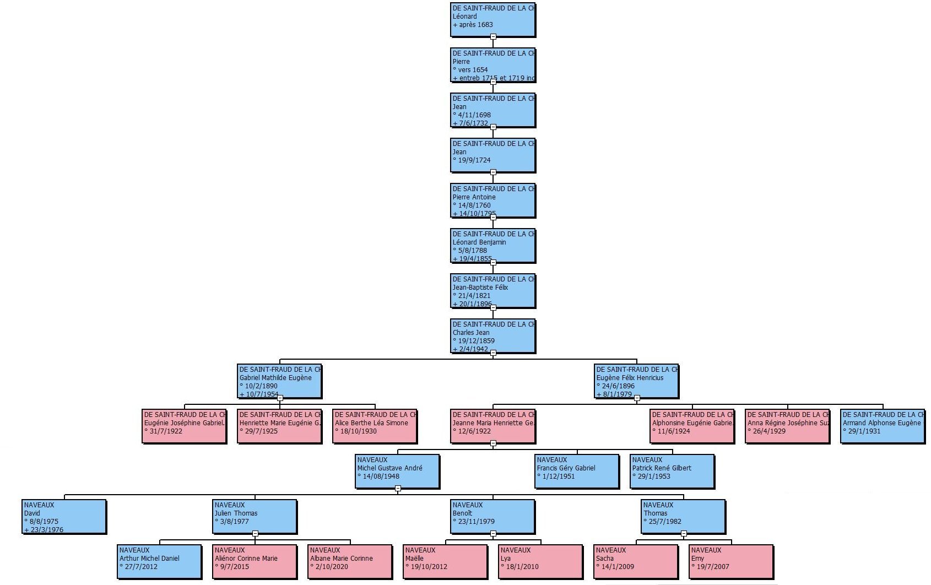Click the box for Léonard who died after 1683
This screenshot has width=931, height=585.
pos(492,20)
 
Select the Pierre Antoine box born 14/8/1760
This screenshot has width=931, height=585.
pos(492,201)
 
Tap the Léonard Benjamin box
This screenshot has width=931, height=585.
pos(492,246)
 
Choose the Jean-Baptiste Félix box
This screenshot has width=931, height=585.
pos(492,291)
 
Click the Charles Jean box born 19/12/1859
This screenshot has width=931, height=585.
pos(492,336)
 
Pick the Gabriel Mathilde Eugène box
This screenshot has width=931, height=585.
pos(279,381)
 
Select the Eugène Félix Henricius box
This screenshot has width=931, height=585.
pos(636,381)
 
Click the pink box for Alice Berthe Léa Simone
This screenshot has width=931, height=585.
pos(375,426)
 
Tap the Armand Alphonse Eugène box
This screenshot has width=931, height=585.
pos(882,426)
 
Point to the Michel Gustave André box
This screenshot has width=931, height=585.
pos(397,472)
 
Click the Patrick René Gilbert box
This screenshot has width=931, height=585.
pos(672,472)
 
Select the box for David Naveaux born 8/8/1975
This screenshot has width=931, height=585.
pos(64,517)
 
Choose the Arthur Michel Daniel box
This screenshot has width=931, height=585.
pos(159,562)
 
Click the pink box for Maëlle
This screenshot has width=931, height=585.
pos(445,562)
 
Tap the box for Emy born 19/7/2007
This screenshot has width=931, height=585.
pos(731,562)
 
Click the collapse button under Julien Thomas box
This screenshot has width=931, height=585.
pos(255,534)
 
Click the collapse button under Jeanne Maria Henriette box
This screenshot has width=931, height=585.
pos(493,443)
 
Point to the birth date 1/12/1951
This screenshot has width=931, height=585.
pos(559,476)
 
